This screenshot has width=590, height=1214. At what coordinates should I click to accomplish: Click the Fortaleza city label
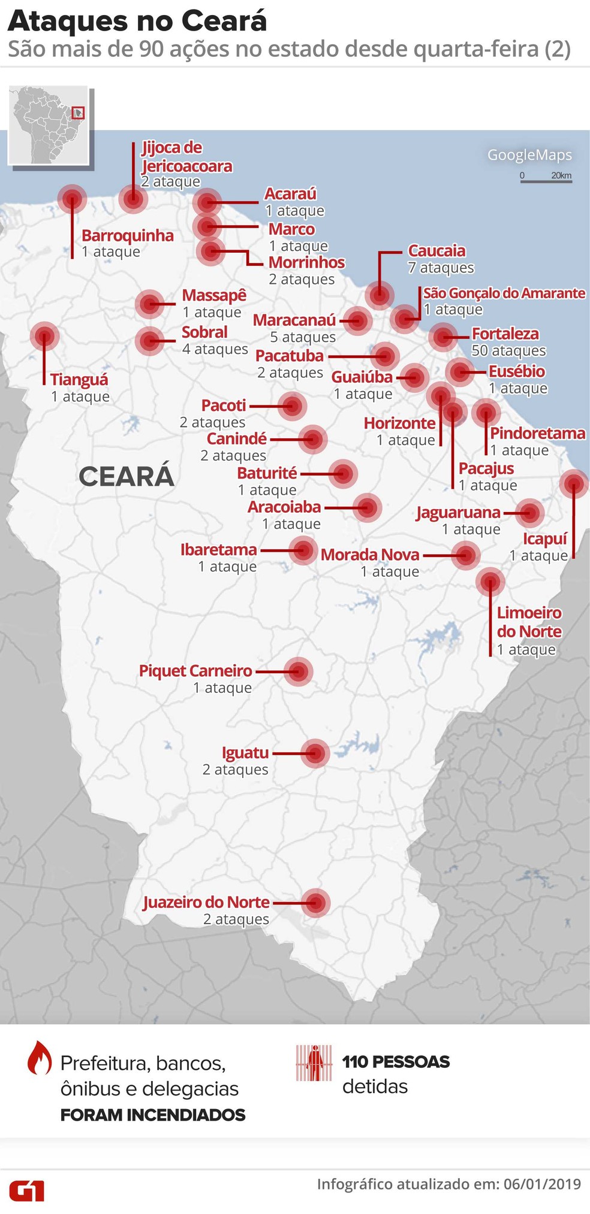[x=505, y=334]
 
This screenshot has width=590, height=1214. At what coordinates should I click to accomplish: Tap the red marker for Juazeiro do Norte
[x=315, y=903]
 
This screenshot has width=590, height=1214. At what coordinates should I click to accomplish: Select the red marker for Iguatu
[x=315, y=753]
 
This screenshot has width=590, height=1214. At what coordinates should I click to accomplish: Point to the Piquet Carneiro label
[x=195, y=671]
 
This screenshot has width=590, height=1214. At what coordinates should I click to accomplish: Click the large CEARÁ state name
[x=127, y=477]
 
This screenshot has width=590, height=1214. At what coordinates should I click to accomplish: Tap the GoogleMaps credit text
[x=529, y=155]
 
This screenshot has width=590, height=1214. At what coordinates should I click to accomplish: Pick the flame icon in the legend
[x=40, y=1058]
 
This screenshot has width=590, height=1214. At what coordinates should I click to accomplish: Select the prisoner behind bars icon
[x=314, y=1063]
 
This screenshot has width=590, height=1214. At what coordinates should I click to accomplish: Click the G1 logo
[x=27, y=1190]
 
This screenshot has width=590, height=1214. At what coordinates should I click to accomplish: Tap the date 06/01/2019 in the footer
[x=542, y=1184]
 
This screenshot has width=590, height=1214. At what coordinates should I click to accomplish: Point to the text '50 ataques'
[x=508, y=350]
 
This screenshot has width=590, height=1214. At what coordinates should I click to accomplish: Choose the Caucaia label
[x=437, y=250]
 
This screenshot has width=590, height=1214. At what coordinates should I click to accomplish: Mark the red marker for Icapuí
[x=574, y=483]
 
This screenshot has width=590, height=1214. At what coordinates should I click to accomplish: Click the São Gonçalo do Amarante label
[x=504, y=293]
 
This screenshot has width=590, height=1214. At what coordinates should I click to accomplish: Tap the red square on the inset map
[x=78, y=113]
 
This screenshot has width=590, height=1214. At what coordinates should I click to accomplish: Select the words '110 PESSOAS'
[x=396, y=1062]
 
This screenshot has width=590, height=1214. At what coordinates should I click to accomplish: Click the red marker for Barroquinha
[x=72, y=198]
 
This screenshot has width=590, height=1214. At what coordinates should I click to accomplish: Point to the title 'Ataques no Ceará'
[x=137, y=22]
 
